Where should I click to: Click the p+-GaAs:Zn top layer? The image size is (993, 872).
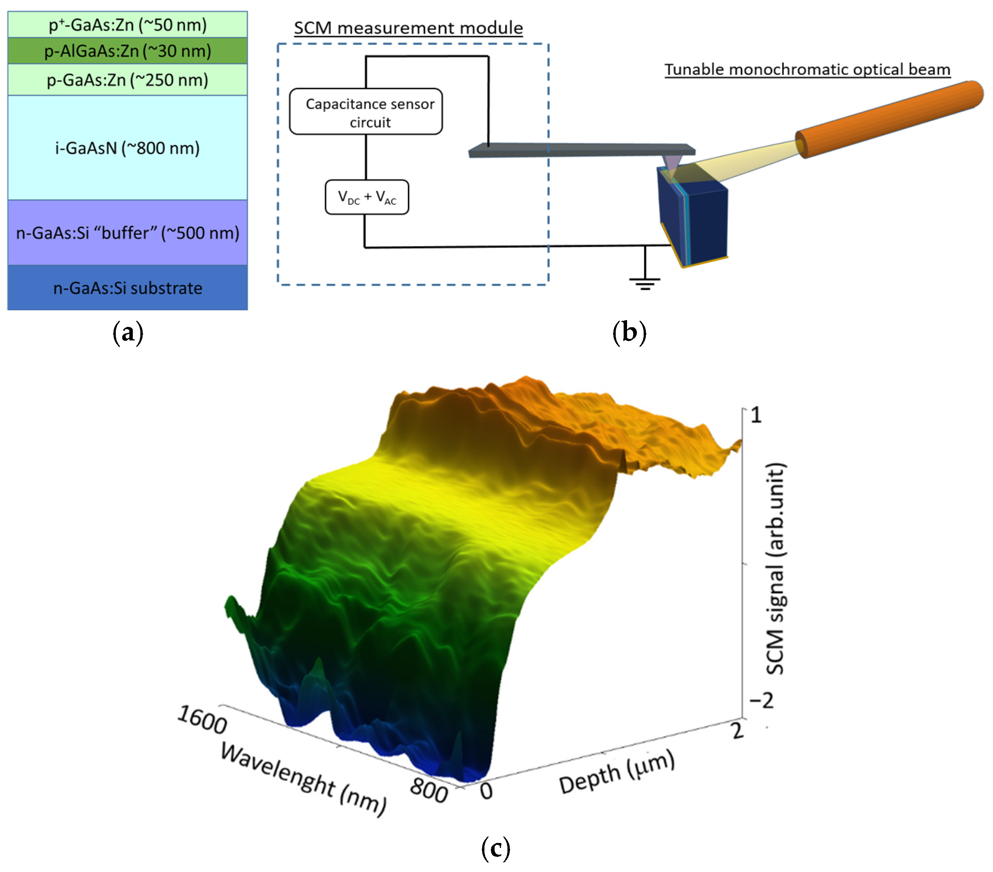click(x=127, y=24)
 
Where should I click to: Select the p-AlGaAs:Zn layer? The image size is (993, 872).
click(x=127, y=51)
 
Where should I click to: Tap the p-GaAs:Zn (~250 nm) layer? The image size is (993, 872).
click(x=127, y=80)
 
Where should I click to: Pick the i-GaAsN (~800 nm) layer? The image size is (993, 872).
click(x=127, y=148)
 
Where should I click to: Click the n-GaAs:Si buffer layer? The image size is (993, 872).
click(x=127, y=233)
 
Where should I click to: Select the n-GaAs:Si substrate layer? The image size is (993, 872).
click(x=127, y=288)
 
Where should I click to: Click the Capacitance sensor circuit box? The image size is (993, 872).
click(x=366, y=112)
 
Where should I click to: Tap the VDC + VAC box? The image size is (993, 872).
click(x=367, y=197)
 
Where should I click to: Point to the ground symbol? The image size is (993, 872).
click(x=645, y=281)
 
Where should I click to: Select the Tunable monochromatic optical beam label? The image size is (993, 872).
click(x=807, y=69)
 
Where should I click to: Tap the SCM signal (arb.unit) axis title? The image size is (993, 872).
click(x=775, y=568)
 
